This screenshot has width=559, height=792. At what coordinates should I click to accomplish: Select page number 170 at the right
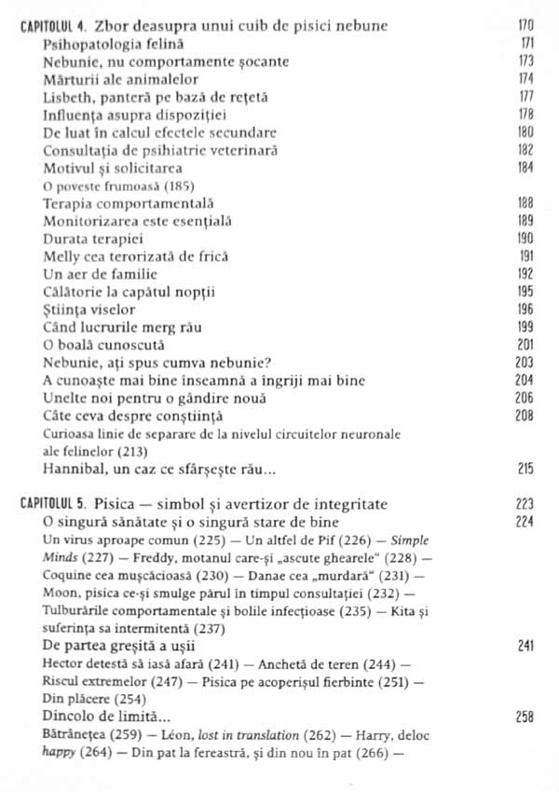(x=526, y=26)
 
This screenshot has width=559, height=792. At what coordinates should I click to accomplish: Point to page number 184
(x=526, y=168)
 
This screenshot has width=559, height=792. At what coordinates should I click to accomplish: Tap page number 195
(x=526, y=292)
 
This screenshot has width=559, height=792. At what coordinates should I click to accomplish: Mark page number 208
(x=526, y=416)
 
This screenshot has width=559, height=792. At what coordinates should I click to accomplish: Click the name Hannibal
(x=75, y=469)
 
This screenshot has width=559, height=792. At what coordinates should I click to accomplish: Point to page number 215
(x=526, y=469)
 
